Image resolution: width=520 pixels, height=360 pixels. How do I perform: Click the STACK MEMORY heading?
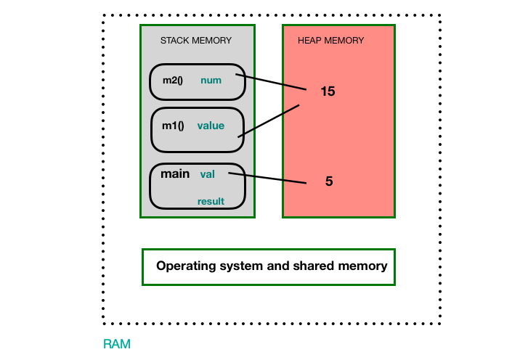(196, 41)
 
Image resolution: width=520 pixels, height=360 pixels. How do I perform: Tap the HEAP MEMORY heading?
(330, 41)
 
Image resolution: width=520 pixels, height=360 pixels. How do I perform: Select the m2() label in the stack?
(173, 80)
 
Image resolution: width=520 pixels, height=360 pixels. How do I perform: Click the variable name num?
(211, 81)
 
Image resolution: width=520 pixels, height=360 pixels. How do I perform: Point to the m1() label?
(173, 126)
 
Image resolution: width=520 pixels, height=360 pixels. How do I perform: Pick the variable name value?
(211, 126)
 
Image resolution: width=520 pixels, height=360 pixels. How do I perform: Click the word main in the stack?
(175, 173)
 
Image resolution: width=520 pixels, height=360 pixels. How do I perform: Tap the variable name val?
(207, 174)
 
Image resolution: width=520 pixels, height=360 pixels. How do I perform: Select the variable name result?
(211, 201)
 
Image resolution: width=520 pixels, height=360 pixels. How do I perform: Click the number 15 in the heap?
(328, 92)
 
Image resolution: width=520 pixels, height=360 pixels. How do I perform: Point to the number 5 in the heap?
(329, 181)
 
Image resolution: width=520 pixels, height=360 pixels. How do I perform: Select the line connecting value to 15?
(269, 120)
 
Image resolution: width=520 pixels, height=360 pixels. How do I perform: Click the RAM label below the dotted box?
(117, 344)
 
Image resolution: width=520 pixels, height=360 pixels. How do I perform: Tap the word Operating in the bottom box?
(185, 266)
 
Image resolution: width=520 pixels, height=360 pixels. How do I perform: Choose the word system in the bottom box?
(243, 266)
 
